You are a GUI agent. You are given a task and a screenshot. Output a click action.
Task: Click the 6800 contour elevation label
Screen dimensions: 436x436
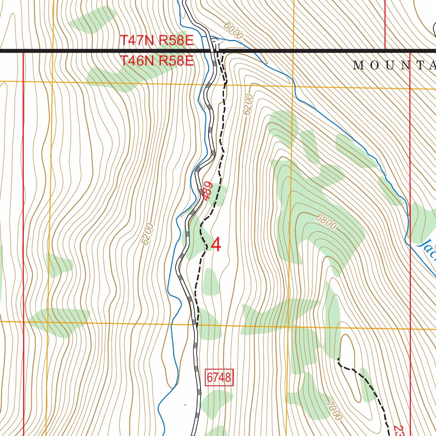point(326,222)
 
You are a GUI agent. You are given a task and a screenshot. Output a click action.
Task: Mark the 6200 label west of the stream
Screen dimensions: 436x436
point(147,234)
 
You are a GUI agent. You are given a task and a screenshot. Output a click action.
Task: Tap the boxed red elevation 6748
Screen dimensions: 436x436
point(220,377)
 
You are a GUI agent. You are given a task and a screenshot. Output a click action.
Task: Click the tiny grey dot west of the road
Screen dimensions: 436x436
point(185,404)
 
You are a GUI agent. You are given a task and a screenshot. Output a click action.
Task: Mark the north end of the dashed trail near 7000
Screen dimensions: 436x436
point(338,360)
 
